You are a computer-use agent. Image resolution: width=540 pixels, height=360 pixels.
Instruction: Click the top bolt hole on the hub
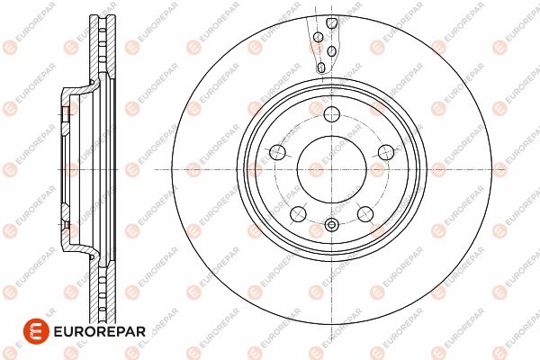point(331,114)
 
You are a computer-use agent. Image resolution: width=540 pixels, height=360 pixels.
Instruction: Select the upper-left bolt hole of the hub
point(277,152)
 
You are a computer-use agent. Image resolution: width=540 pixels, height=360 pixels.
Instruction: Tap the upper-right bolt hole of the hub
point(386,152)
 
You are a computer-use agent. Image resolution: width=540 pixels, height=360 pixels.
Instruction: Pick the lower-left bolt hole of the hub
point(298,214)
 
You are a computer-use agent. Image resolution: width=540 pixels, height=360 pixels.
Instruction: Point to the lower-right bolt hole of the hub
point(365,214)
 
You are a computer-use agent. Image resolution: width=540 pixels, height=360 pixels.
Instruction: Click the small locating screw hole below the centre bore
point(331,225)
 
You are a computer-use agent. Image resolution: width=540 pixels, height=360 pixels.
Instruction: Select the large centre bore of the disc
point(331,169)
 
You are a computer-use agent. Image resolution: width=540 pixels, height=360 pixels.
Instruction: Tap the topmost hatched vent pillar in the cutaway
point(331,23)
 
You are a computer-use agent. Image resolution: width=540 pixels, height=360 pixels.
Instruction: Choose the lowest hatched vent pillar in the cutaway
point(321,67)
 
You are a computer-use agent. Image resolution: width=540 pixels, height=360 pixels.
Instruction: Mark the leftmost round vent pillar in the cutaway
point(319,37)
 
